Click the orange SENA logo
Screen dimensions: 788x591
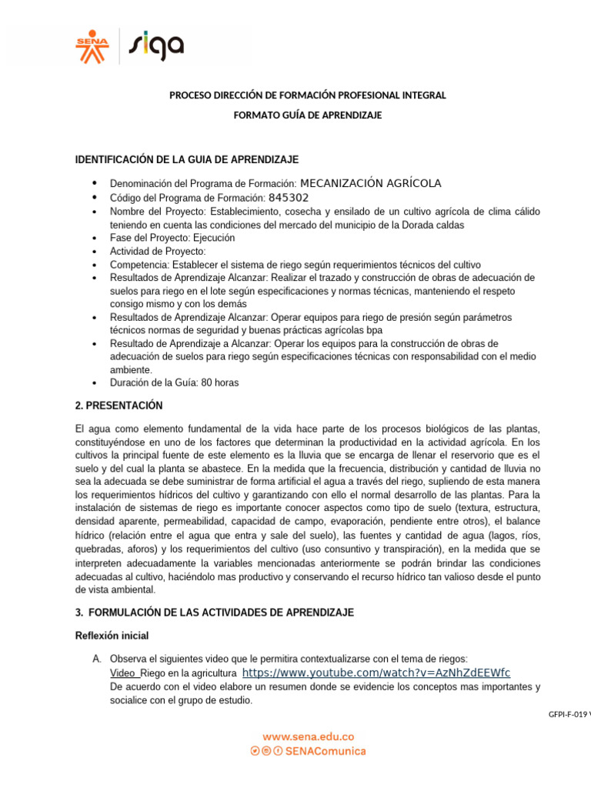92,46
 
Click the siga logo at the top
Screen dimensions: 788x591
155,45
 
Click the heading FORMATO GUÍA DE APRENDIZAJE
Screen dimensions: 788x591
307,115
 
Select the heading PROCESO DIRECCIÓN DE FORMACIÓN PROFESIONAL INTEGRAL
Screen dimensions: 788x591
307,95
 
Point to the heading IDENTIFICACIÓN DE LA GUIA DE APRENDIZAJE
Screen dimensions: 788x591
186,159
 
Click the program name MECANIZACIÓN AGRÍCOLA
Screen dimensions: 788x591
370,183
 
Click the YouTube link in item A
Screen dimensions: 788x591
376,673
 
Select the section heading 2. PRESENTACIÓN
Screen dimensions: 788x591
119,406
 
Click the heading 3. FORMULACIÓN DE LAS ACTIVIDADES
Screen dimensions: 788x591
214,613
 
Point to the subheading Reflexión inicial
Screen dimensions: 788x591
112,636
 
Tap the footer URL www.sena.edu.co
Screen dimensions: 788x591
308,736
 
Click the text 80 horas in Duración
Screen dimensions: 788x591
220,382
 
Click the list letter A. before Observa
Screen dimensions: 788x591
97,659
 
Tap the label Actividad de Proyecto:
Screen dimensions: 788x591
158,252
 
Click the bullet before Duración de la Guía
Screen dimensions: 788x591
94,382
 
